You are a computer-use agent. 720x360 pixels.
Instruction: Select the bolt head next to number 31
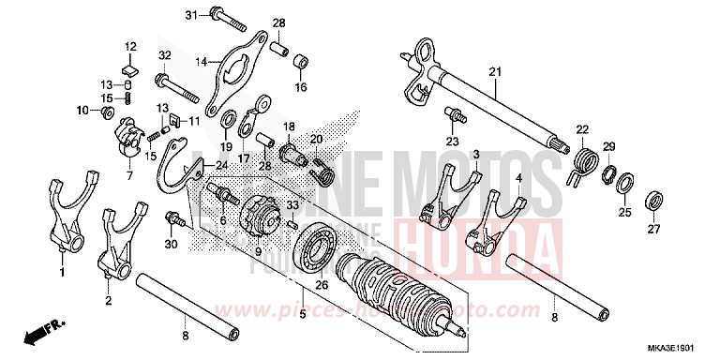pyautogui.click(x=215, y=15)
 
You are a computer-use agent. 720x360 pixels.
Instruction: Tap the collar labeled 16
pyautogui.click(x=302, y=62)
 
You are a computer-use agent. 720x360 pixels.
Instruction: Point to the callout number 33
pyautogui.click(x=293, y=205)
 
